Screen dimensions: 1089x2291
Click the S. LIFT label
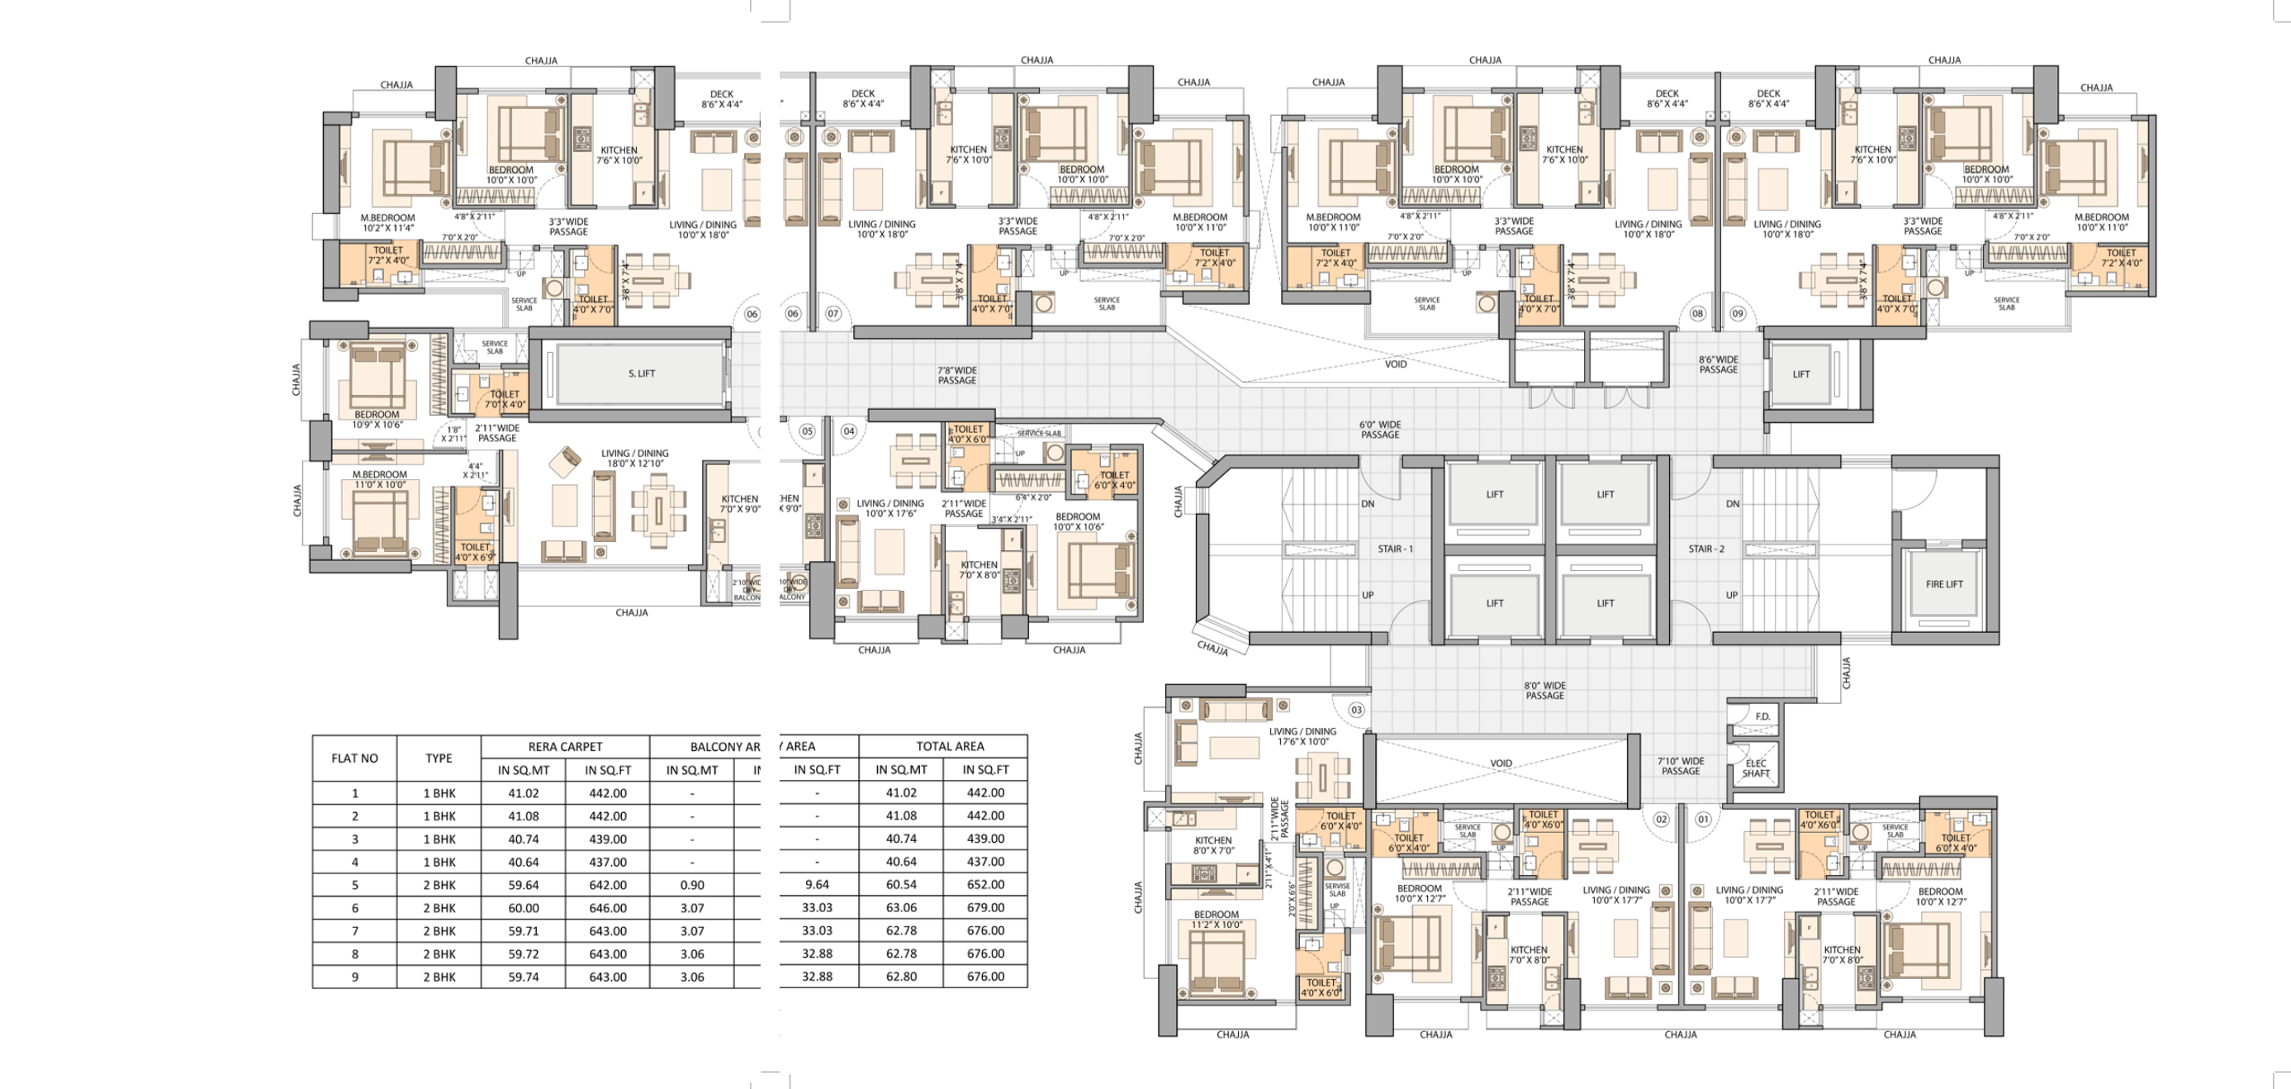click(x=641, y=373)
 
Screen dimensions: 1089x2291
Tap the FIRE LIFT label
click(x=1944, y=584)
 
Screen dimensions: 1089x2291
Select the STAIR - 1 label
click(x=1395, y=549)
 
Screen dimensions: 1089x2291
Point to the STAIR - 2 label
click(x=1705, y=549)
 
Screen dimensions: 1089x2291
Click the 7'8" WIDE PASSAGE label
click(x=957, y=375)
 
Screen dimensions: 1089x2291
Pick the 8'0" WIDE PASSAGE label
click(x=1545, y=691)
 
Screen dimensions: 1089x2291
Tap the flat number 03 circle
click(x=1356, y=710)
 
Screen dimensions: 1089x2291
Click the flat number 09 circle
click(x=1737, y=313)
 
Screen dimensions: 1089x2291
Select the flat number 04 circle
click(x=848, y=431)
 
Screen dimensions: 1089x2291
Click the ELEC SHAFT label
click(x=1756, y=768)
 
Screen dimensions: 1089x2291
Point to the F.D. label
click(x=1762, y=717)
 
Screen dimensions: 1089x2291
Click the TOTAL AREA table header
click(x=950, y=746)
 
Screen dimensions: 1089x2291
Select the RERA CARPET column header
click(x=565, y=746)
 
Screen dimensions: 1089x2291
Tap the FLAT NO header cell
click(x=354, y=758)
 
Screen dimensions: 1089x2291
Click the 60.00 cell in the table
click(x=523, y=908)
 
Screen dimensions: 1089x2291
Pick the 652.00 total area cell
click(x=985, y=885)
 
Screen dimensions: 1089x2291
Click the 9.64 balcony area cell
click(x=817, y=885)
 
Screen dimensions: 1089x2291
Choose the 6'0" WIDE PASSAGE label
click(x=1379, y=430)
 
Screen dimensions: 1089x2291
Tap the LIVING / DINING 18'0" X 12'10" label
click(x=634, y=459)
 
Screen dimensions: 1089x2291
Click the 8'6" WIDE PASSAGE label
click(x=1718, y=364)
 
